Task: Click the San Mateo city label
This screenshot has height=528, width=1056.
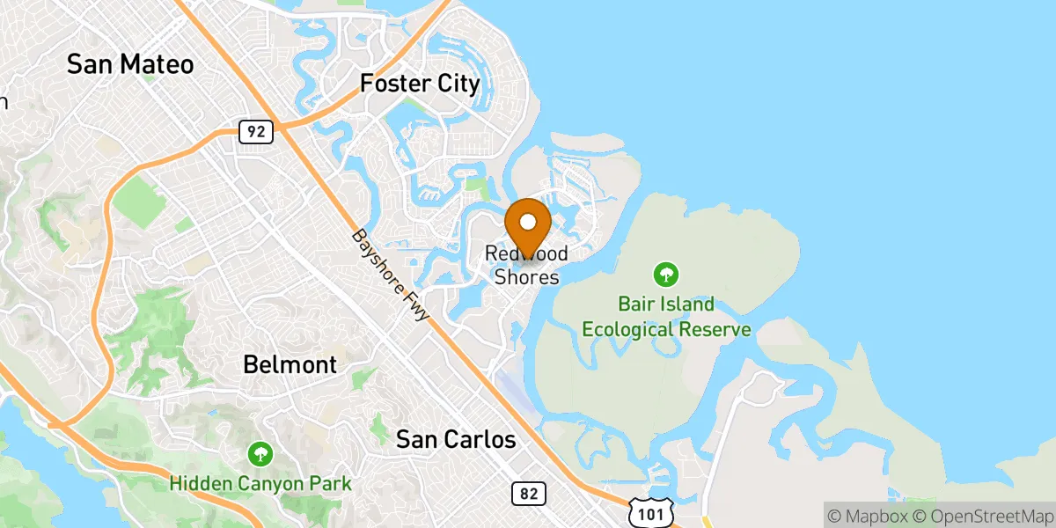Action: [130, 64]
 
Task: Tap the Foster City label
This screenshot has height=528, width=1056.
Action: [421, 84]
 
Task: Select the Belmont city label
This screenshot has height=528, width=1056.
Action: [290, 364]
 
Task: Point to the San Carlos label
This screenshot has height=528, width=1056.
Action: [456, 440]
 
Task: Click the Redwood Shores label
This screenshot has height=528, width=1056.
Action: [526, 266]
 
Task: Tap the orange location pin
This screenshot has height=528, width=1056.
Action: [528, 225]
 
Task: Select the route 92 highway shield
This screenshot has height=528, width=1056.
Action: [256, 133]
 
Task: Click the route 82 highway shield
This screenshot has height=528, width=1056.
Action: [528, 494]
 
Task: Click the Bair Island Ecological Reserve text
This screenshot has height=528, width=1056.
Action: [666, 318]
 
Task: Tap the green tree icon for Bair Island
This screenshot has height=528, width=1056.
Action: [667, 274]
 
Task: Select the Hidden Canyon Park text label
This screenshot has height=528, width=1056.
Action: [260, 483]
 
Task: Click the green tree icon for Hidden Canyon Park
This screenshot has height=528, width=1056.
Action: [260, 454]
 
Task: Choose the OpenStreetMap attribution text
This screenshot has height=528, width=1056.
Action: [979, 514]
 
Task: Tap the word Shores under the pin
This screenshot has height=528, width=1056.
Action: [526, 277]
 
